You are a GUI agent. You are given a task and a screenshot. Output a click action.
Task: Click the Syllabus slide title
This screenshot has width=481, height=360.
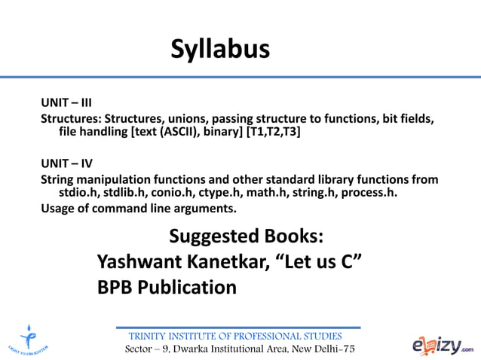click(219, 50)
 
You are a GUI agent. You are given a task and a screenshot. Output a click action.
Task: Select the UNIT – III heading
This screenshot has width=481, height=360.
click(66, 102)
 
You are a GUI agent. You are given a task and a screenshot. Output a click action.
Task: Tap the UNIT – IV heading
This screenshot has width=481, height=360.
click(66, 163)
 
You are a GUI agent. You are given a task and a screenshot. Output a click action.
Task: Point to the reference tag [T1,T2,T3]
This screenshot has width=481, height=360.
click(278, 132)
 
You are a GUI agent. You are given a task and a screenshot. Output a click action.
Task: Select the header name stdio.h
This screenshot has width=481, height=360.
click(71, 193)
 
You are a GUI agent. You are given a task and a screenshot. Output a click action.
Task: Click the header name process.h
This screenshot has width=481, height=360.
click(369, 193)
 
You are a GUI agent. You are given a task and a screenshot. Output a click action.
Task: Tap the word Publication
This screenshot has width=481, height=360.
click(189, 287)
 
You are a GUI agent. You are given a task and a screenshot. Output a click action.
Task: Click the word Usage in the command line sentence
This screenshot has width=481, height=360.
click(58, 208)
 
